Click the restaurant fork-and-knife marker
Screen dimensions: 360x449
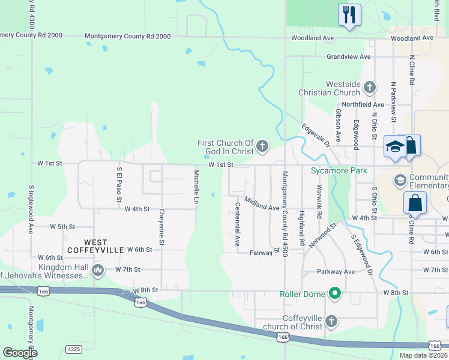349,14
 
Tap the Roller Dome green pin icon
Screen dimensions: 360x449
336,294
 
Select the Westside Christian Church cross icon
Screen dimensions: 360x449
369,88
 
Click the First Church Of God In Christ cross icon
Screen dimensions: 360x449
262,146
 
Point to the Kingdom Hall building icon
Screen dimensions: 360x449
98,271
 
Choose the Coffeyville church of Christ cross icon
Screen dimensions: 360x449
331,322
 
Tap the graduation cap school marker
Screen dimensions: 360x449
395,146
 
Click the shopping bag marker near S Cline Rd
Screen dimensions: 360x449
415,204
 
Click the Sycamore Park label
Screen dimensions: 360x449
339,171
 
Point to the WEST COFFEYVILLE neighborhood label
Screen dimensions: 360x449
95,245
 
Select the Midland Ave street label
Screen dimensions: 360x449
261,203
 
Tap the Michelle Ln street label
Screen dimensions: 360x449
196,187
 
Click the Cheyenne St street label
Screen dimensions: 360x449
161,227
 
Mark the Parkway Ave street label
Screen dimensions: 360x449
336,272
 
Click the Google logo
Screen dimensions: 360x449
20,353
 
